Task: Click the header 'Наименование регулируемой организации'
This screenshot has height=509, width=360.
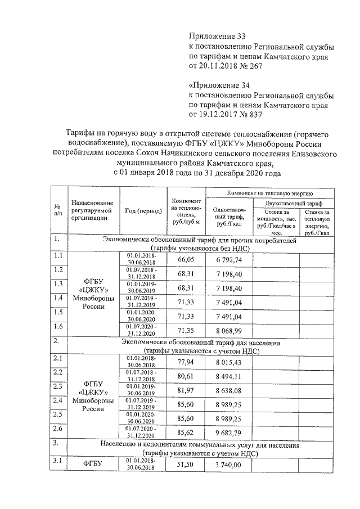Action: [x=92, y=211]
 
